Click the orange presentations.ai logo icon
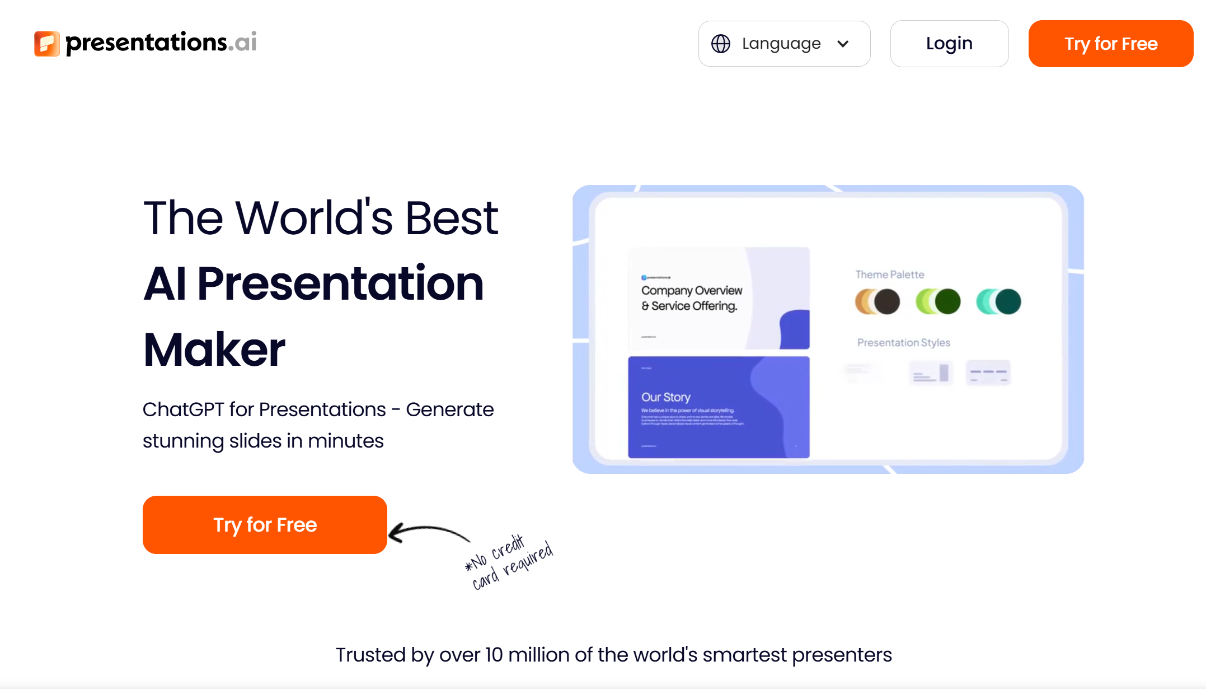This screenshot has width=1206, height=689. (47, 44)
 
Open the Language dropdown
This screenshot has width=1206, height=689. (783, 44)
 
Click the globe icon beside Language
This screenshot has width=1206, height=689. (720, 44)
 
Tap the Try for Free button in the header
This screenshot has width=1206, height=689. (1110, 44)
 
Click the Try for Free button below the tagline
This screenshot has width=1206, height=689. (265, 525)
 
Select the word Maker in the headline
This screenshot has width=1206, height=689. (214, 350)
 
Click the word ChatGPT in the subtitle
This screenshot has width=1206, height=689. (184, 409)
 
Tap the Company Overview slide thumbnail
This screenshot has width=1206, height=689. (719, 298)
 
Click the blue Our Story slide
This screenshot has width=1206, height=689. (719, 407)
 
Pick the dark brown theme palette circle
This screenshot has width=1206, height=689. (887, 301)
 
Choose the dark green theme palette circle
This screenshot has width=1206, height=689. (947, 301)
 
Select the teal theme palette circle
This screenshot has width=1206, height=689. (1008, 301)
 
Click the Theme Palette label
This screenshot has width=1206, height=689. (890, 274)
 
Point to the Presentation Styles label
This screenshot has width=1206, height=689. (904, 342)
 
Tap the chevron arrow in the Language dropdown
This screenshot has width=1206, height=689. (843, 44)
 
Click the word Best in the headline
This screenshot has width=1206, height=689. (451, 218)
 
